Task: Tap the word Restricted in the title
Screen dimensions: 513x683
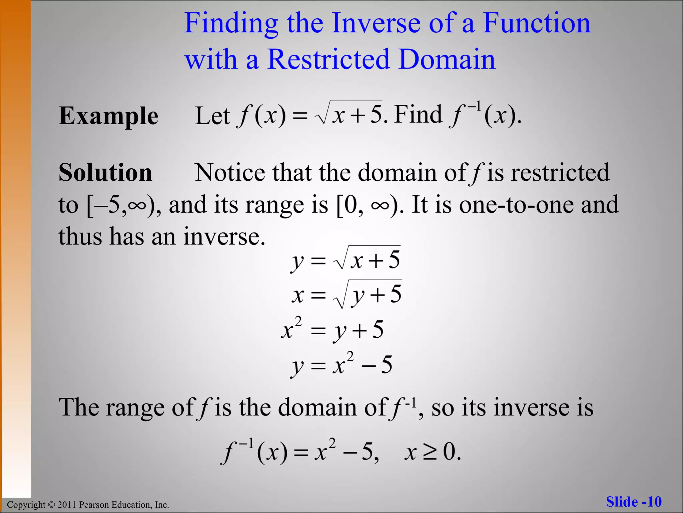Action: [x=328, y=59]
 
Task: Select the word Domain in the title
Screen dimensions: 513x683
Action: [x=447, y=59]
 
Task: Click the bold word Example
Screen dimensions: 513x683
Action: [x=108, y=116]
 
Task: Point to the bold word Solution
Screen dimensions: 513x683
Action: [x=105, y=173]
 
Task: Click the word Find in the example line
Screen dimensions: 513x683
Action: [x=418, y=115]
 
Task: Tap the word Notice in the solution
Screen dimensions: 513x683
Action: [x=230, y=173]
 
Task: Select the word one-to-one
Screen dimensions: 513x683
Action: [x=516, y=205]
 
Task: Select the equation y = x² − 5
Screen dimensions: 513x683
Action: [x=341, y=365]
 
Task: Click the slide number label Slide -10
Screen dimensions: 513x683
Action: [x=634, y=502]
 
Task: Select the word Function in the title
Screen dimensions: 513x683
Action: [x=537, y=23]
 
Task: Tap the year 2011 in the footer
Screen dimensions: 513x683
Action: [x=67, y=505]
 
